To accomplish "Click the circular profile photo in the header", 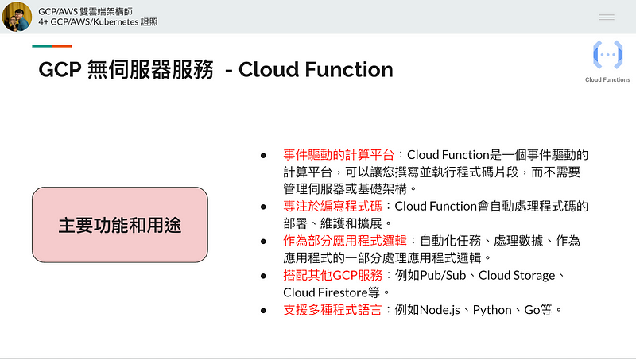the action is tap(17, 17).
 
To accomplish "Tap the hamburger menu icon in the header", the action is tap(607, 17).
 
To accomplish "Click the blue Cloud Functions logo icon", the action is tap(607, 54).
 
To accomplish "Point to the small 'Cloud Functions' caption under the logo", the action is tap(607, 79).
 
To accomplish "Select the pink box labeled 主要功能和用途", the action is tap(120, 225).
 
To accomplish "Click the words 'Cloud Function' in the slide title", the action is tap(316, 70).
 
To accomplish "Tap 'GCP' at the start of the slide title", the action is tap(60, 70).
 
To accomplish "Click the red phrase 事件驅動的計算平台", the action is tap(339, 154).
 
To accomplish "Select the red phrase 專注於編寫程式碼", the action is tap(332, 206).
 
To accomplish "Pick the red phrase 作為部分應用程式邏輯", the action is tap(345, 241).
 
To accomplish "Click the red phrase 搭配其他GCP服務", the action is tap(332, 275).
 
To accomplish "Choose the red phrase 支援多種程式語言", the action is tap(332, 310).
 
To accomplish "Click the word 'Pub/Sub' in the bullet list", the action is tap(443, 276).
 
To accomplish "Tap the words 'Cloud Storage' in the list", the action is tap(517, 276).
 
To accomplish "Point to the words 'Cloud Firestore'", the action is tap(325, 292).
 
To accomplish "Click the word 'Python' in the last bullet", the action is tap(492, 310).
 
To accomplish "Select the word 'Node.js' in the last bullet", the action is tap(440, 310).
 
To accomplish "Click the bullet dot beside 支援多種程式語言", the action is tap(264, 311).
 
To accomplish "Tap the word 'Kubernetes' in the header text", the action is tap(116, 22).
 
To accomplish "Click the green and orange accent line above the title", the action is tap(52, 46).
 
